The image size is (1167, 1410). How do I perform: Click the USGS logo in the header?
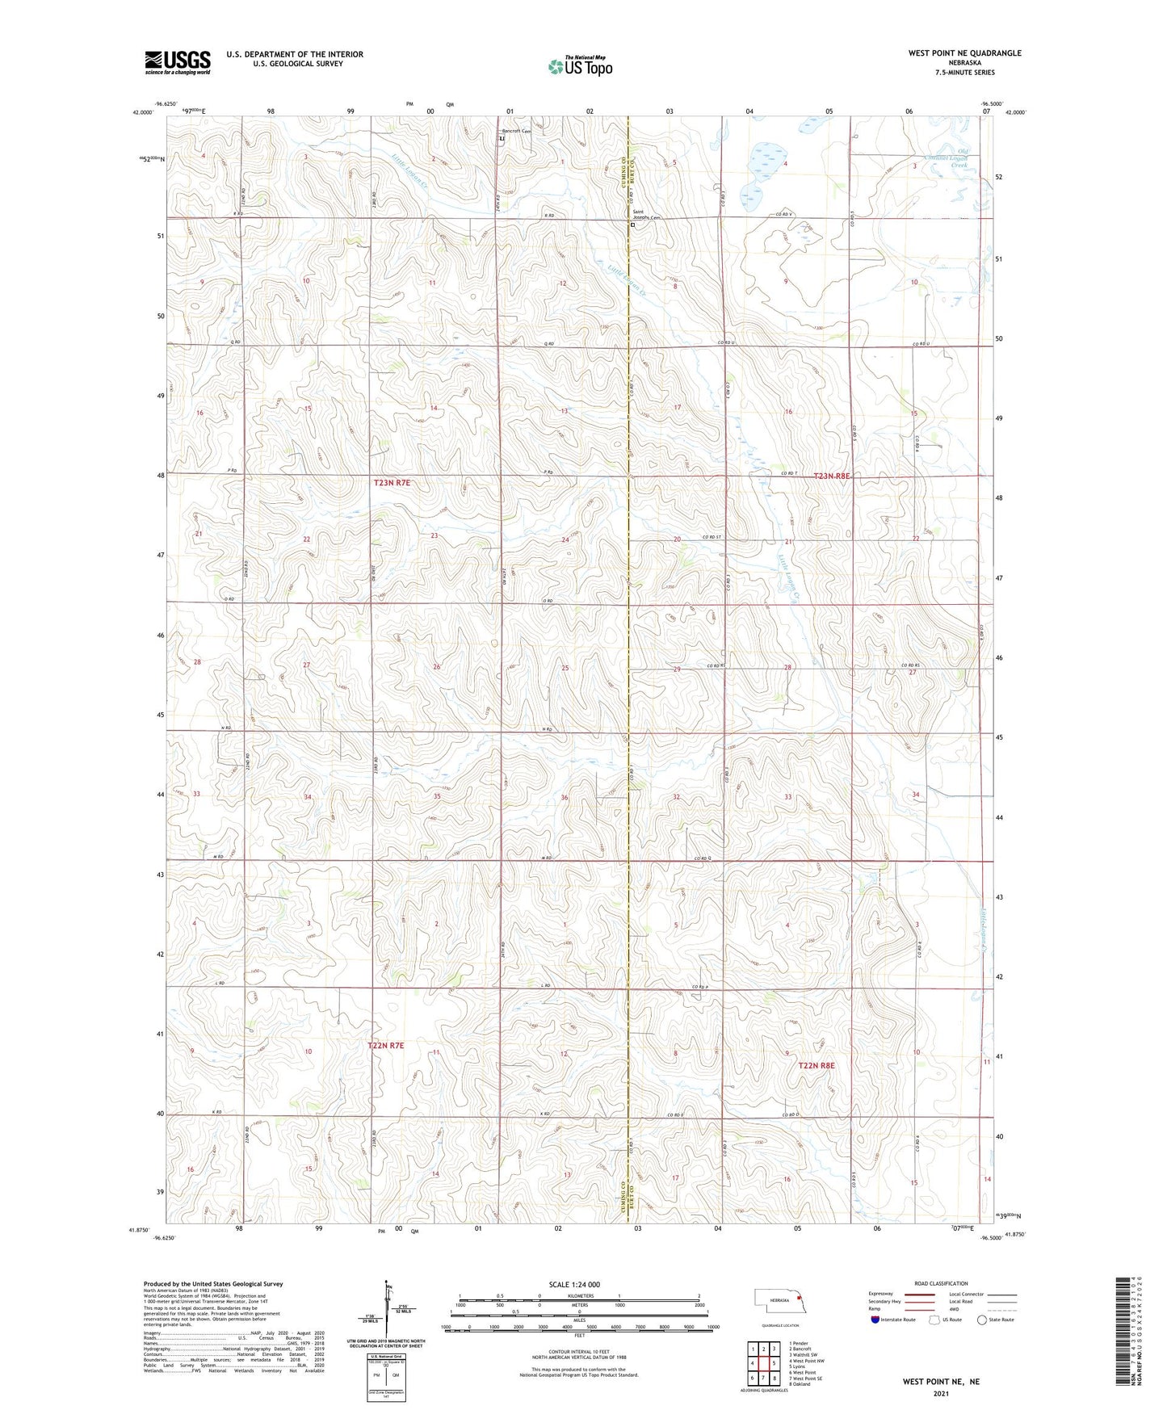(178, 62)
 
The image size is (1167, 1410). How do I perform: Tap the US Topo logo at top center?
(580, 67)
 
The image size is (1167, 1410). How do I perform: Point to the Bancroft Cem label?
(517, 131)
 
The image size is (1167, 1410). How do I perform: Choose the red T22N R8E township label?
(816, 1065)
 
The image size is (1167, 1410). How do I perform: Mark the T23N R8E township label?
(831, 476)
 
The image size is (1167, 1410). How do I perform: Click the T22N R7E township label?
(385, 1045)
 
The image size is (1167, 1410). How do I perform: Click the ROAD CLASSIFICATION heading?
(941, 1283)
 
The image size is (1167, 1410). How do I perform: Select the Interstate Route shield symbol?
(875, 1320)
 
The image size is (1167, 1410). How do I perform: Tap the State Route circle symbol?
(982, 1320)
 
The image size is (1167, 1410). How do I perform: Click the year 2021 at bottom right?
(941, 1394)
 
